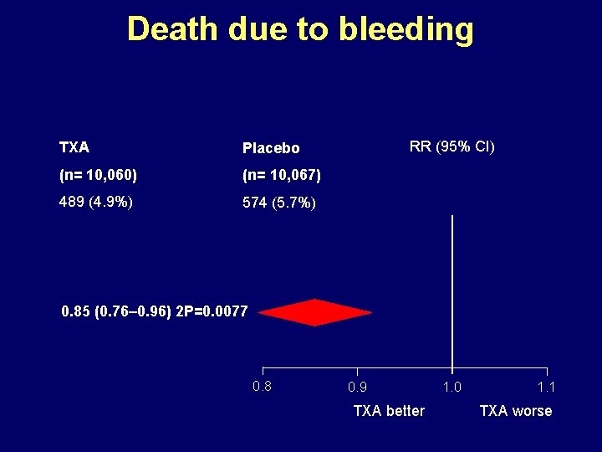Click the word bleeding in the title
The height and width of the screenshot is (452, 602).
pos(406,29)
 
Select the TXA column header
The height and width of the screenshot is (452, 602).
pos(74,147)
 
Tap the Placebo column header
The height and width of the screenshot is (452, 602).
pos(271,148)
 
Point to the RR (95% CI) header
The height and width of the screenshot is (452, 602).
pos(451,146)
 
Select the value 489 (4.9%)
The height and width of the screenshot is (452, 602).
pos(96,202)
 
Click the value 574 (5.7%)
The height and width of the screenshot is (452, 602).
pos(279,203)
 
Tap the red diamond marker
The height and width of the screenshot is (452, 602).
pos(314,312)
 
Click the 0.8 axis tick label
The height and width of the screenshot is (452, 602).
pos(262,386)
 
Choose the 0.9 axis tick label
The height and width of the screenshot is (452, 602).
pos(357,388)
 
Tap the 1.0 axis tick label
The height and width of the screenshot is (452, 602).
pos(451,388)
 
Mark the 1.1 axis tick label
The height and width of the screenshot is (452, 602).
pos(546,388)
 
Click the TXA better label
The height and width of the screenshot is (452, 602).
pos(389,411)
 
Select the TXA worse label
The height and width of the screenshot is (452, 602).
pos(515,411)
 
